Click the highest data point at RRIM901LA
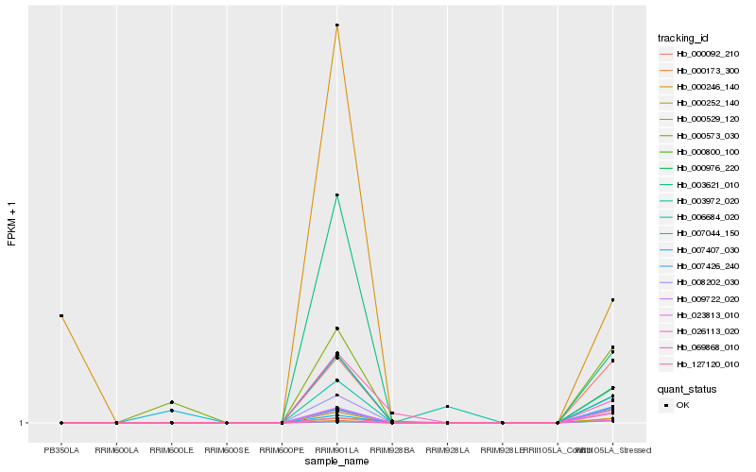pos(337,25)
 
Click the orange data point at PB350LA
pos(61,315)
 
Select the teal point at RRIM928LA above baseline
pos(448,407)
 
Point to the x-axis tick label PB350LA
pos(61,450)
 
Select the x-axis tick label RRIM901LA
pos(337,450)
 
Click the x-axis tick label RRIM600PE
pos(283,450)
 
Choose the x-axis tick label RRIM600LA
pos(116,450)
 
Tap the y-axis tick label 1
pos(23,423)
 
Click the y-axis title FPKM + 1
pos(12,224)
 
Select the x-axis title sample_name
pos(337,462)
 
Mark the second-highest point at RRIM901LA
pos(337,195)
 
